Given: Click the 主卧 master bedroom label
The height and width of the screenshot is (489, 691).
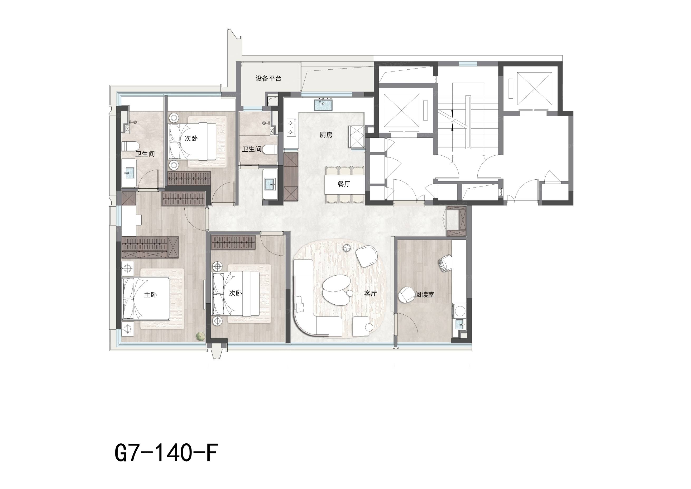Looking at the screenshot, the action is (x=150, y=295).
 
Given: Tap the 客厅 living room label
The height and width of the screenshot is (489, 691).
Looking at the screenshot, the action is (x=370, y=293).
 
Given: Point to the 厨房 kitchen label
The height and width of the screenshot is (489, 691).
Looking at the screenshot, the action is (x=326, y=135).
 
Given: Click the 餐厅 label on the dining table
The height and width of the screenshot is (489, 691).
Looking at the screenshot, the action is (x=344, y=184).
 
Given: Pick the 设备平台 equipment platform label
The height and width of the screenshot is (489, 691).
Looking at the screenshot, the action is (x=268, y=79).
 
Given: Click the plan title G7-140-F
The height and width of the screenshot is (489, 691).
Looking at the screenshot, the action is (x=166, y=453).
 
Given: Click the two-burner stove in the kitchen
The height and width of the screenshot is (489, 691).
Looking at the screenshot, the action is (x=291, y=127).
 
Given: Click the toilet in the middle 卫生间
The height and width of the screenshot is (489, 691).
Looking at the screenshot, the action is (x=270, y=149).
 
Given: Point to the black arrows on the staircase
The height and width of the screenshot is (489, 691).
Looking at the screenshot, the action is (x=453, y=121).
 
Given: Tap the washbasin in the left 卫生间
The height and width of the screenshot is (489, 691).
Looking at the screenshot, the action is (x=130, y=173).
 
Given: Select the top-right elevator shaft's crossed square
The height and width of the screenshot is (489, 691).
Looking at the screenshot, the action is (x=534, y=89).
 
